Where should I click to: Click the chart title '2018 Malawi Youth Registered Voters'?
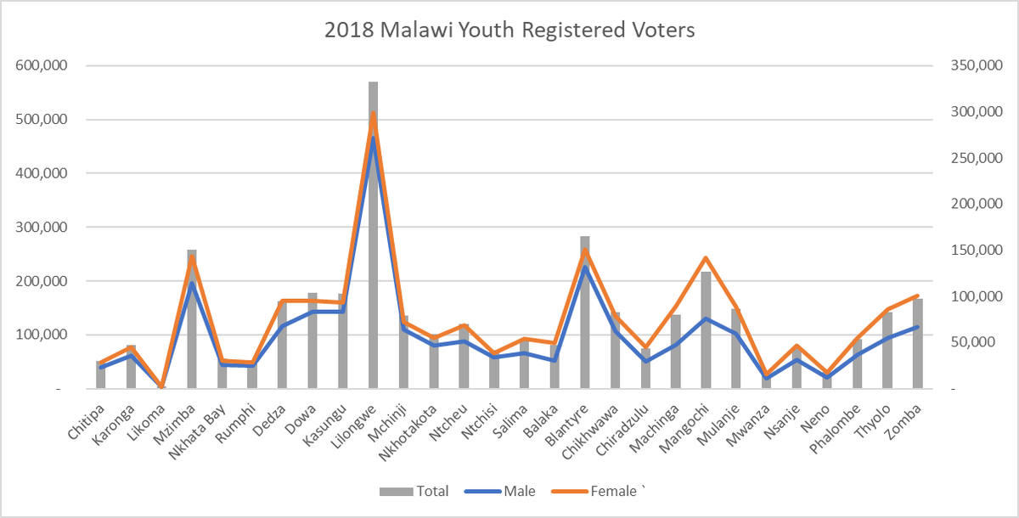tap(509, 31)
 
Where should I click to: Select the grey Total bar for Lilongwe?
tap(373, 255)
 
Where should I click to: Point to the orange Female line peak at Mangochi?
tap(706, 258)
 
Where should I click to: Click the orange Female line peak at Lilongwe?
tap(373, 114)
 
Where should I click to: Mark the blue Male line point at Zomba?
tap(918, 327)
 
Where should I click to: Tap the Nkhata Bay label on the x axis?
tap(197, 430)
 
